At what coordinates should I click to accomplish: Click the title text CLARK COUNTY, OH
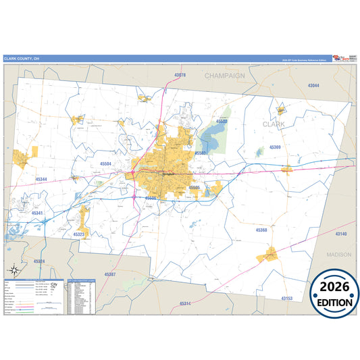click(21, 58)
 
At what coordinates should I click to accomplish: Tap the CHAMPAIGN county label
click(226, 76)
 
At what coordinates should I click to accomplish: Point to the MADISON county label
click(338, 255)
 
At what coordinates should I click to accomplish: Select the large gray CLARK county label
click(274, 124)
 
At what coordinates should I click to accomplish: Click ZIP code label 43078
click(180, 74)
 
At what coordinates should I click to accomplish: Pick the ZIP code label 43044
click(313, 86)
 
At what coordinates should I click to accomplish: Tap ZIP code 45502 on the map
click(222, 122)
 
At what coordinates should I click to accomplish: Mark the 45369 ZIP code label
click(275, 147)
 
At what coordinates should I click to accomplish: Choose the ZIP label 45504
click(105, 163)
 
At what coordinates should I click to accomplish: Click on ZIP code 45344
click(41, 179)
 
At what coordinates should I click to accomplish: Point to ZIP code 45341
click(37, 213)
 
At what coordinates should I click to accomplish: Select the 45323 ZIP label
click(80, 234)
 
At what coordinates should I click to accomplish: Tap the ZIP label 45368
click(261, 230)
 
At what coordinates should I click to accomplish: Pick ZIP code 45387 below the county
click(111, 274)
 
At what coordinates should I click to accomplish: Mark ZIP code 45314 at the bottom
click(185, 304)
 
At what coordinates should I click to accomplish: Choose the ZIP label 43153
click(287, 298)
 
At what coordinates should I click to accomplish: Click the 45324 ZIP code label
click(38, 261)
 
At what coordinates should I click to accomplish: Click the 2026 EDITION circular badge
click(335, 292)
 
